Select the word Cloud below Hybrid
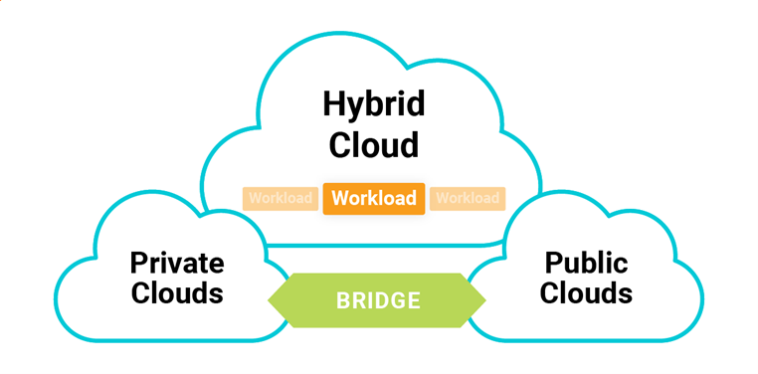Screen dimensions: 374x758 (374, 145)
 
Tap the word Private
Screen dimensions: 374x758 (177, 264)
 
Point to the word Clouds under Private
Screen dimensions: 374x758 (177, 293)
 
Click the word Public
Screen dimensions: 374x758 (586, 264)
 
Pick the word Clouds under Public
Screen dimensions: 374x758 (586, 293)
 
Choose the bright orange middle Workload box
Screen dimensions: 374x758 (374, 199)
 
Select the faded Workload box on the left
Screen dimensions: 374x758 (281, 199)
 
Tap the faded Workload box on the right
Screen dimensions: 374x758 (468, 199)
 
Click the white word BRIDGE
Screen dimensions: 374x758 (378, 300)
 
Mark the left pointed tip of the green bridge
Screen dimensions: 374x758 (269, 300)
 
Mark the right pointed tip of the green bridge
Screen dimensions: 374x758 (485, 300)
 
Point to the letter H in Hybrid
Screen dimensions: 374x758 (333, 104)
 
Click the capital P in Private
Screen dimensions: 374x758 (139, 264)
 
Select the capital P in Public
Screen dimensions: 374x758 (554, 264)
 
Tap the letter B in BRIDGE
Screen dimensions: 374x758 (343, 300)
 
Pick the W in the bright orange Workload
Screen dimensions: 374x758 (340, 199)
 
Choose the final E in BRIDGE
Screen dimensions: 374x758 (414, 300)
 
